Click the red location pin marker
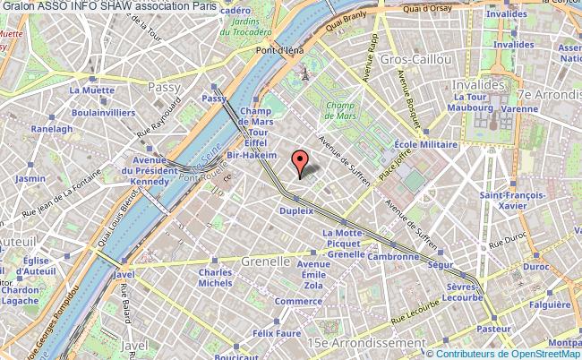point(300,162)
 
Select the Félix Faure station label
point(276,333)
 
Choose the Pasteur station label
point(494,330)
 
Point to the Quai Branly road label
point(354,27)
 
